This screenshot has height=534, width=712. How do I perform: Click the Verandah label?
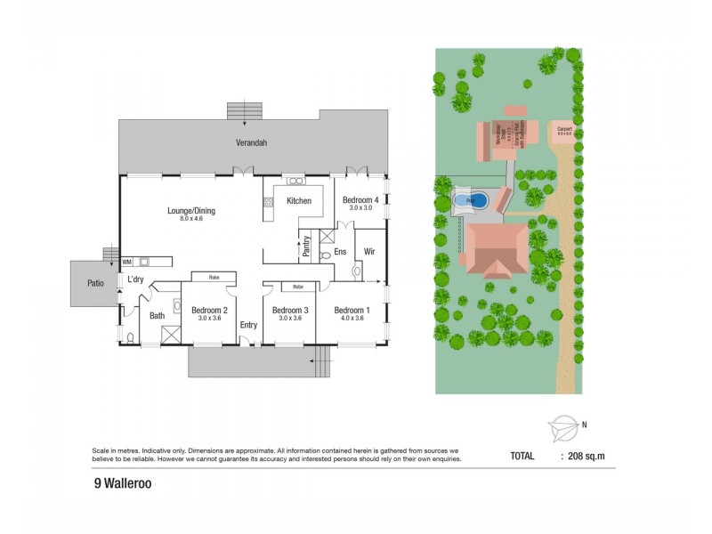(252, 142)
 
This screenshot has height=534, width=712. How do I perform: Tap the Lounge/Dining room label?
(191, 211)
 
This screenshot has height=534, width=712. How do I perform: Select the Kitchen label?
(298, 201)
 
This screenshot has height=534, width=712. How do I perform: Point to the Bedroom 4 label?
(361, 201)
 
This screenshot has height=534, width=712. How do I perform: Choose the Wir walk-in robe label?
(369, 252)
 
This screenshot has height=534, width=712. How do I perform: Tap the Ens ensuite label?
(340, 252)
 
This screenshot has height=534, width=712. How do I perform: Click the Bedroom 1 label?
(352, 310)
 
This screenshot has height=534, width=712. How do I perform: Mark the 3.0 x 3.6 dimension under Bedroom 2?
(209, 319)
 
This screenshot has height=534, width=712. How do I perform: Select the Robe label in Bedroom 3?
(297, 287)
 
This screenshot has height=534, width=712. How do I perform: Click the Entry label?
(248, 325)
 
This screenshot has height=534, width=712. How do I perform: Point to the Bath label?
(158, 315)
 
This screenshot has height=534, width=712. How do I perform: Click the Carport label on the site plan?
(563, 128)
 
